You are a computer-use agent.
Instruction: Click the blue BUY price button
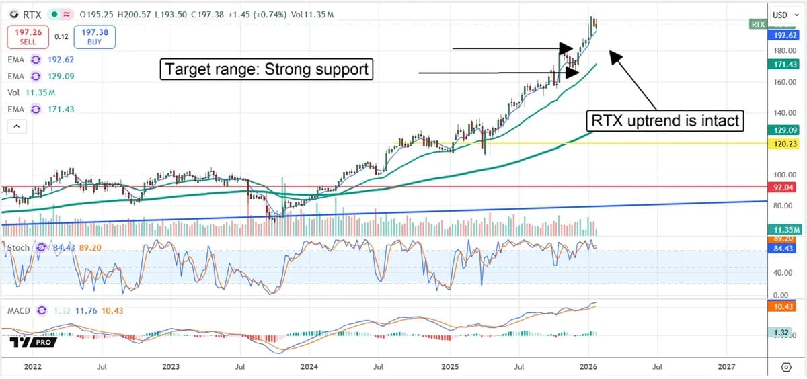point(95,37)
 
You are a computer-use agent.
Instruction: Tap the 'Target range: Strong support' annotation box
point(266,69)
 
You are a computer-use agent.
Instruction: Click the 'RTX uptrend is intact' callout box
point(665,121)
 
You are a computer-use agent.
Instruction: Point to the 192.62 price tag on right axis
point(783,36)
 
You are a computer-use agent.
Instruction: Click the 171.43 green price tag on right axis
point(783,65)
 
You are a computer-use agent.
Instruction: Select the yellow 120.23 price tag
point(783,144)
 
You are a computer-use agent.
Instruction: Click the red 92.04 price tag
point(783,187)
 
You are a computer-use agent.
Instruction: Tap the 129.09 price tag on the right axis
point(783,130)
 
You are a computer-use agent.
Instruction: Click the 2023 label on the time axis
point(171,367)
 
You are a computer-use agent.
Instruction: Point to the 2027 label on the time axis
point(726,367)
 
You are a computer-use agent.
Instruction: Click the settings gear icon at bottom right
point(786,367)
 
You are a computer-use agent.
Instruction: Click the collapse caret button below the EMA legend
point(17,126)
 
